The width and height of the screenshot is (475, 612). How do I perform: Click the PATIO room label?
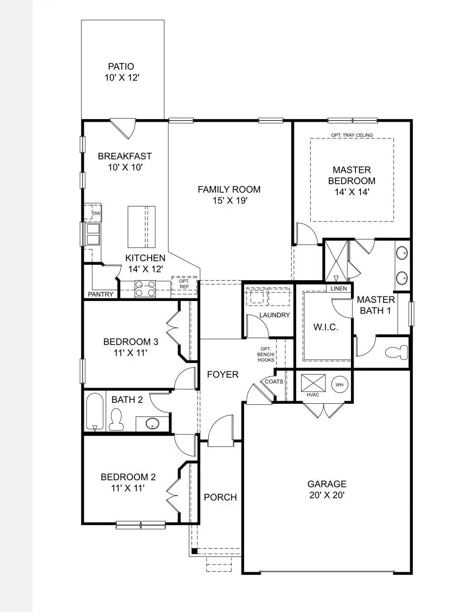(x=121, y=67)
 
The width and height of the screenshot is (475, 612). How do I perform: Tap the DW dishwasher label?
(x=96, y=214)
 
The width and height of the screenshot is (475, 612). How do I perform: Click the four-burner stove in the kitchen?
(x=145, y=289)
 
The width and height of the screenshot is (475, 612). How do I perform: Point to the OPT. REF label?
(x=184, y=284)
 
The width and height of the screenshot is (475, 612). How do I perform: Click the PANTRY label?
(x=101, y=294)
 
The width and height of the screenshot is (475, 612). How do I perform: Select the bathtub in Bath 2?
(x=95, y=412)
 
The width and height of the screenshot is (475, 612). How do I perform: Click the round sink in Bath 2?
(x=153, y=423)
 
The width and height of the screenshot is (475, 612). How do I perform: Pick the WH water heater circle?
(x=340, y=385)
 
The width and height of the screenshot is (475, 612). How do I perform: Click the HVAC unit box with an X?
(x=313, y=383)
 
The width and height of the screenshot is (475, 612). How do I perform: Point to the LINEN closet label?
(x=339, y=289)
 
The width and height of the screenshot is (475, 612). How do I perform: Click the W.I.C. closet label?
(x=326, y=327)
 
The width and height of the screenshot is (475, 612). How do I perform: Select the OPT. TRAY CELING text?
(x=352, y=135)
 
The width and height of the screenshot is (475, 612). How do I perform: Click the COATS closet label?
(x=274, y=382)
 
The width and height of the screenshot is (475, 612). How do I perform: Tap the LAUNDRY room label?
(x=274, y=315)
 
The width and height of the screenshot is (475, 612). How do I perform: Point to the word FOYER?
(x=223, y=375)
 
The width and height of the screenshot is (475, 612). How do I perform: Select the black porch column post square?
(x=194, y=551)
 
